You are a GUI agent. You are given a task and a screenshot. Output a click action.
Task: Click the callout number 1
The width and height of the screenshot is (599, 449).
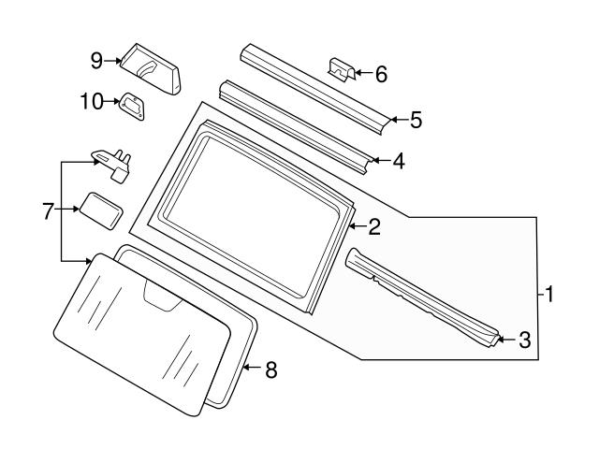(x=550, y=296)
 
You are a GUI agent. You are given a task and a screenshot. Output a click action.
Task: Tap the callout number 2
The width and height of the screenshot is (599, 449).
(x=373, y=225)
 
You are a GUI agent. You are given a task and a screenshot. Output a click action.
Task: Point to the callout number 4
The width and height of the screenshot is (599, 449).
(x=398, y=161)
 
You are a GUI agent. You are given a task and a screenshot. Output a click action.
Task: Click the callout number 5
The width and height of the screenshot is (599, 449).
(x=416, y=120)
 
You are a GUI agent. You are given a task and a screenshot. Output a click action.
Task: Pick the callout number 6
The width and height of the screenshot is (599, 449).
(x=381, y=73)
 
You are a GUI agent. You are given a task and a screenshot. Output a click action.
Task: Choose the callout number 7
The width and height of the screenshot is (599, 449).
(x=49, y=211)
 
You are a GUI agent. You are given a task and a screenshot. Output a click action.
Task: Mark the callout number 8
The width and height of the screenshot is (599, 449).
(x=270, y=370)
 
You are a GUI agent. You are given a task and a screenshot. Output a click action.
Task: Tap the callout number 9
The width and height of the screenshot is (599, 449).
(x=96, y=61)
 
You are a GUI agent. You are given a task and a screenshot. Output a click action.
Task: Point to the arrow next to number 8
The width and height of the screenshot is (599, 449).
(x=249, y=368)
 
